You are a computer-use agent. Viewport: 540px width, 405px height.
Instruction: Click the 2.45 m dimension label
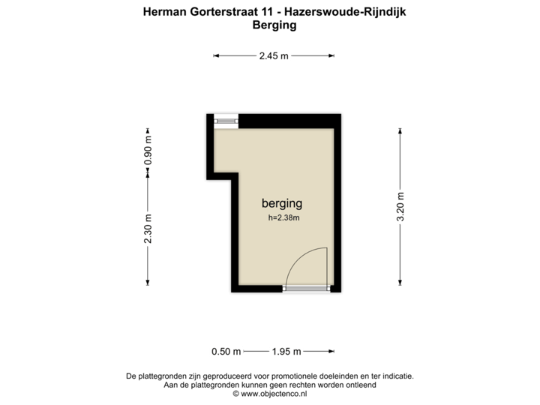point(274,55)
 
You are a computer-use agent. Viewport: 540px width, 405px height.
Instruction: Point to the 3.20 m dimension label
point(400,206)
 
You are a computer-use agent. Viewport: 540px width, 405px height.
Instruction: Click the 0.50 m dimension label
point(226,351)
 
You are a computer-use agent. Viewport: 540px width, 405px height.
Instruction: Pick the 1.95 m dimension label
point(286,351)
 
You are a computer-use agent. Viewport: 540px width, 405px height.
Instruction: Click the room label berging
point(281,203)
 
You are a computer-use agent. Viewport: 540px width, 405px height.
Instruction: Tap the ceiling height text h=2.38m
point(283,218)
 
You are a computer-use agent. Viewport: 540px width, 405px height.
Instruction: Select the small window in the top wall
point(226,121)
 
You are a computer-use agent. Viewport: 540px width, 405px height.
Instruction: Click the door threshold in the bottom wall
point(306,287)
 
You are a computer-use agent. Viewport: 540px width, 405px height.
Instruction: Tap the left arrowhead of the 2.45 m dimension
point(217,55)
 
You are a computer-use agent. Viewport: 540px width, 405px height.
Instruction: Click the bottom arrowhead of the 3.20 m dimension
point(400,283)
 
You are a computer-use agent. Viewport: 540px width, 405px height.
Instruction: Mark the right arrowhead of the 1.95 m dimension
point(331,351)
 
